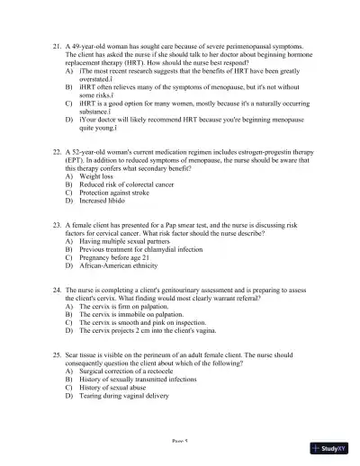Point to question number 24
57,291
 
